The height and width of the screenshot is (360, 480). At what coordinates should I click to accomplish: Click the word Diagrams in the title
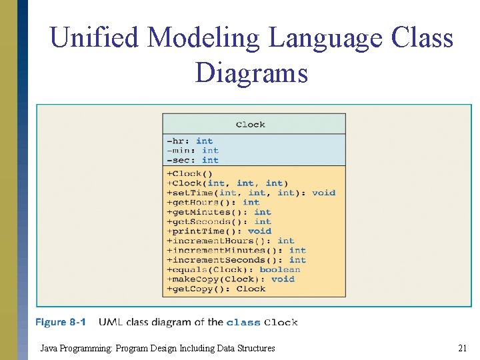point(251,72)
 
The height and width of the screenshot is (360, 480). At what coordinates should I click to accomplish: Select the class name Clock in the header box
point(251,124)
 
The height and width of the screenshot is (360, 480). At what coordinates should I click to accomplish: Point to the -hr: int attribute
point(190,141)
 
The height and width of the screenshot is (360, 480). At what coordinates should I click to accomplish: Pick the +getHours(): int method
point(213,202)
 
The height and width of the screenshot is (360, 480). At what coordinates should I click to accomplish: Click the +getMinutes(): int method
point(219,212)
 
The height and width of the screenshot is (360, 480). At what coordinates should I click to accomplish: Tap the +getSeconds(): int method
point(219,221)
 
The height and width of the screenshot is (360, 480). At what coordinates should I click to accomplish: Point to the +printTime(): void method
point(219,231)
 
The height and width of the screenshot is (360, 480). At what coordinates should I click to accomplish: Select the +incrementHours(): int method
point(231,241)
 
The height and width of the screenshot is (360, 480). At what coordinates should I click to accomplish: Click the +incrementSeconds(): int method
point(237,260)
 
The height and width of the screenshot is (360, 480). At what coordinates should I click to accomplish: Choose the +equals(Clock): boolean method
point(234,269)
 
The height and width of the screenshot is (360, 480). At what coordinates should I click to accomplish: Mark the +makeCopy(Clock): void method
point(231,279)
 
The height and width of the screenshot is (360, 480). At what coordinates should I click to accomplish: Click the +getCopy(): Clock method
point(217,289)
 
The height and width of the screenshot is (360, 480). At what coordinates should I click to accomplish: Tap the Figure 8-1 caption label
point(61,323)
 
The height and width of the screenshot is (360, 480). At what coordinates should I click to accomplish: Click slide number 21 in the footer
point(462,348)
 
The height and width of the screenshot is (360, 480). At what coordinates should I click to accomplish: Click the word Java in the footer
point(49,348)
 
